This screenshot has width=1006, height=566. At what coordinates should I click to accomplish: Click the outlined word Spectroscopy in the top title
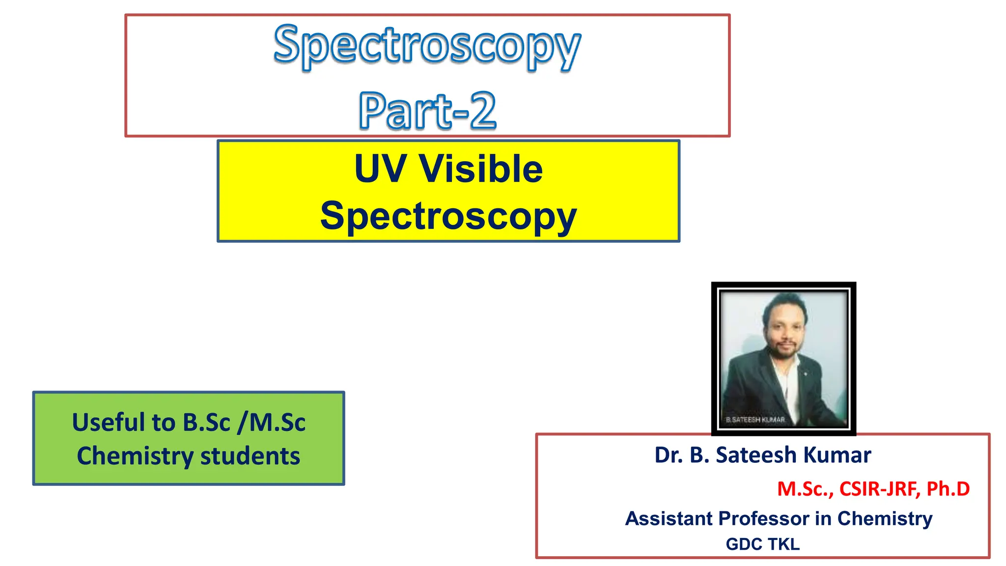tap(427, 47)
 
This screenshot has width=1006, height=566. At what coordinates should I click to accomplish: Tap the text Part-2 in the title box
tap(427, 111)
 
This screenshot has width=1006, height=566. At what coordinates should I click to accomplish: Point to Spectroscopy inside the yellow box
tap(448, 216)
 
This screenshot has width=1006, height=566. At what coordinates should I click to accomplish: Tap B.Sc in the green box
tap(206, 423)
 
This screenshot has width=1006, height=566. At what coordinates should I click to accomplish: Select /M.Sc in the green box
tap(271, 423)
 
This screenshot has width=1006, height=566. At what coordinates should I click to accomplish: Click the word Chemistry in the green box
tap(135, 456)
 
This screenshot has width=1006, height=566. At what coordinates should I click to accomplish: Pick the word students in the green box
tap(250, 456)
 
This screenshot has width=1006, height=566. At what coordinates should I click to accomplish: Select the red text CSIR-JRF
tap(879, 489)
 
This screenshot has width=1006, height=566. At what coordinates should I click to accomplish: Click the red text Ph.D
tap(948, 489)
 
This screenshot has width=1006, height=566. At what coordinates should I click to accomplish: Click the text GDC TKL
tap(762, 544)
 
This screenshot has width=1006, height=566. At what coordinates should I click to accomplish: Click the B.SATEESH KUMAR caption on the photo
tap(755, 420)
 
